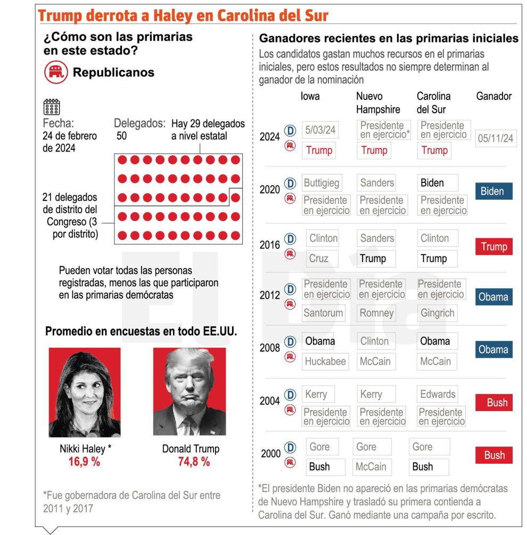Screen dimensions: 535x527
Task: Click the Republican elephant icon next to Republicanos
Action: coord(56,72)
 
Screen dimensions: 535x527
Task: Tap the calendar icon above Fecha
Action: coord(51,107)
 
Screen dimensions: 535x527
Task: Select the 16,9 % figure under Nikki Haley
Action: coord(84,462)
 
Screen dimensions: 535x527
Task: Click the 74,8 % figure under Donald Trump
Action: coord(194,462)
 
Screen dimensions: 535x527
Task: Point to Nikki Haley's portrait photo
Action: coord(85,392)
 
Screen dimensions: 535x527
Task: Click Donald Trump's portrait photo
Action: coord(190,392)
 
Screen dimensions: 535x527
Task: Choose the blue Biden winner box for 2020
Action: coord(493,191)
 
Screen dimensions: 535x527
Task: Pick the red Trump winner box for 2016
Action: coord(493,247)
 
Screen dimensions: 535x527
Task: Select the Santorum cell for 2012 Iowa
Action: coord(324,313)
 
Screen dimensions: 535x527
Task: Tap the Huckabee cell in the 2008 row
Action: coord(325,362)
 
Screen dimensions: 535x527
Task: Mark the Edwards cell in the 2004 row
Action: coord(438,394)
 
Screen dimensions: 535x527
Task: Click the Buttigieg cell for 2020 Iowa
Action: coord(322,183)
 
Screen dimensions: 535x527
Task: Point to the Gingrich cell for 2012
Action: coord(438,313)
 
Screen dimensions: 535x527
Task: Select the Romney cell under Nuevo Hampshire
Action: coord(376,313)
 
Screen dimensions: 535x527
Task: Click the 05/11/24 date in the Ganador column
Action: coord(496,138)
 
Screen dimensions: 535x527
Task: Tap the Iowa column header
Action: coord(310,96)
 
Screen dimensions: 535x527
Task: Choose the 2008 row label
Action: coord(270,348)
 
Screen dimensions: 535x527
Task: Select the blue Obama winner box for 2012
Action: coord(493,297)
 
